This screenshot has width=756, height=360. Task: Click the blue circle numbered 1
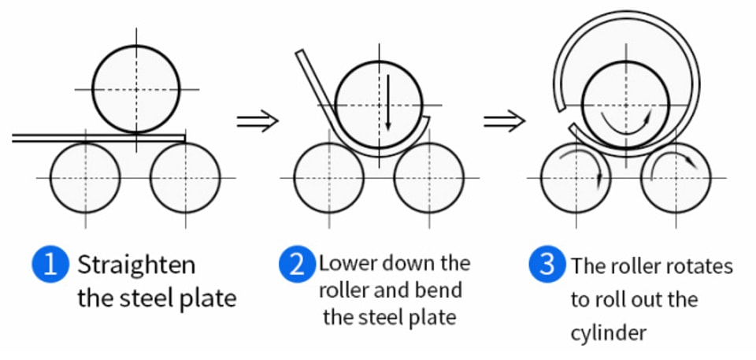tap(50, 265)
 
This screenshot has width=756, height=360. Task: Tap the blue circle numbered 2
tap(297, 265)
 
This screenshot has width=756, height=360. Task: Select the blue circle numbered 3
tap(547, 265)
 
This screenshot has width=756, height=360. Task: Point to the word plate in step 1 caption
tap(208, 299)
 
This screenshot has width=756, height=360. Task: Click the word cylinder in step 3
tap(608, 333)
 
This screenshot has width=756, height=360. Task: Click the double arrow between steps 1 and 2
tap(258, 121)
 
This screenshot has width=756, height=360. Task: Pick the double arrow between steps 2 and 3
tap(504, 121)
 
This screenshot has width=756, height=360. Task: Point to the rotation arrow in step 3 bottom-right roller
tap(673, 155)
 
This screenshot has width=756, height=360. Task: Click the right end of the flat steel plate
tap(184, 139)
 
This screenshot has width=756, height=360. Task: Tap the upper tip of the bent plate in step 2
tap(299, 51)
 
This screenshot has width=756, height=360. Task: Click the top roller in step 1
tap(136, 89)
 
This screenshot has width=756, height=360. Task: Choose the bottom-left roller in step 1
tap(85, 177)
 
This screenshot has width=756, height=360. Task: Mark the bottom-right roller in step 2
tap(428, 177)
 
